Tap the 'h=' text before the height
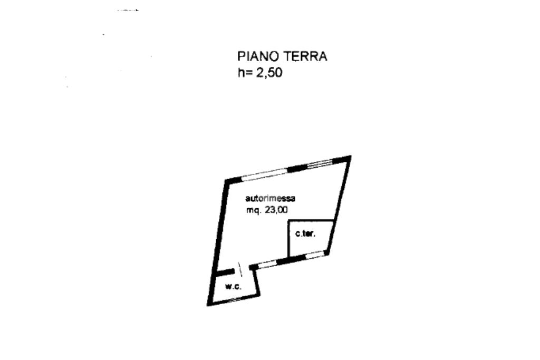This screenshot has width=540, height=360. click(x=245, y=73)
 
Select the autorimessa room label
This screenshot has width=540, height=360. click(x=270, y=199)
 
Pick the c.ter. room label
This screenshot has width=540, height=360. click(x=305, y=233)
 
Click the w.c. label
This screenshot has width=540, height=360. click(x=233, y=286)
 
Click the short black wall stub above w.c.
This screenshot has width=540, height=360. click(x=226, y=273)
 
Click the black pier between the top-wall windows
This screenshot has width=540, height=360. click(x=296, y=168)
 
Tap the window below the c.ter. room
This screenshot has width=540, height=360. click(x=316, y=255)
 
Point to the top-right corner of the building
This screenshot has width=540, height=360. click(x=349, y=157)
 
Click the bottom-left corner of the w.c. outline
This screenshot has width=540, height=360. click(x=209, y=304)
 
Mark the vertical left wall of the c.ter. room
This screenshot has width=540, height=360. click(x=288, y=239)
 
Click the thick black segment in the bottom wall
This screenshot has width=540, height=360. click(x=292, y=259)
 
